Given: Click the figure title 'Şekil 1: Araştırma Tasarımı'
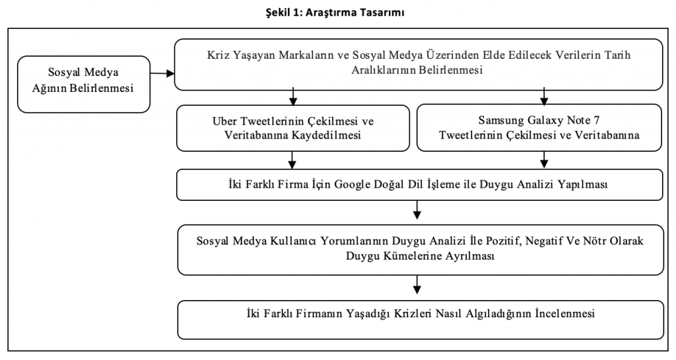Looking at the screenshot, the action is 335,13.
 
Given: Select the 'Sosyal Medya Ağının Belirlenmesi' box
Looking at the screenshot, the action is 84,85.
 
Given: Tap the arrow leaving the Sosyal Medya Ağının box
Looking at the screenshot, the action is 162,74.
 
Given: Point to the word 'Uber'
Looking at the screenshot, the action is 224,121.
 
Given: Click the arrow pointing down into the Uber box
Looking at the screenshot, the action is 293,96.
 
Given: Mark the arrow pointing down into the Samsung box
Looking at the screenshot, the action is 544,96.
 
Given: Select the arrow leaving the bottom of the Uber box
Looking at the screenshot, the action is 292,159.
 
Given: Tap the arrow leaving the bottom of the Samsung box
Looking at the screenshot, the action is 544,159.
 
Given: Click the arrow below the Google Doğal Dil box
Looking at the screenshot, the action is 417,209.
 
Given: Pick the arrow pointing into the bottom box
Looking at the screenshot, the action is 417,285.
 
